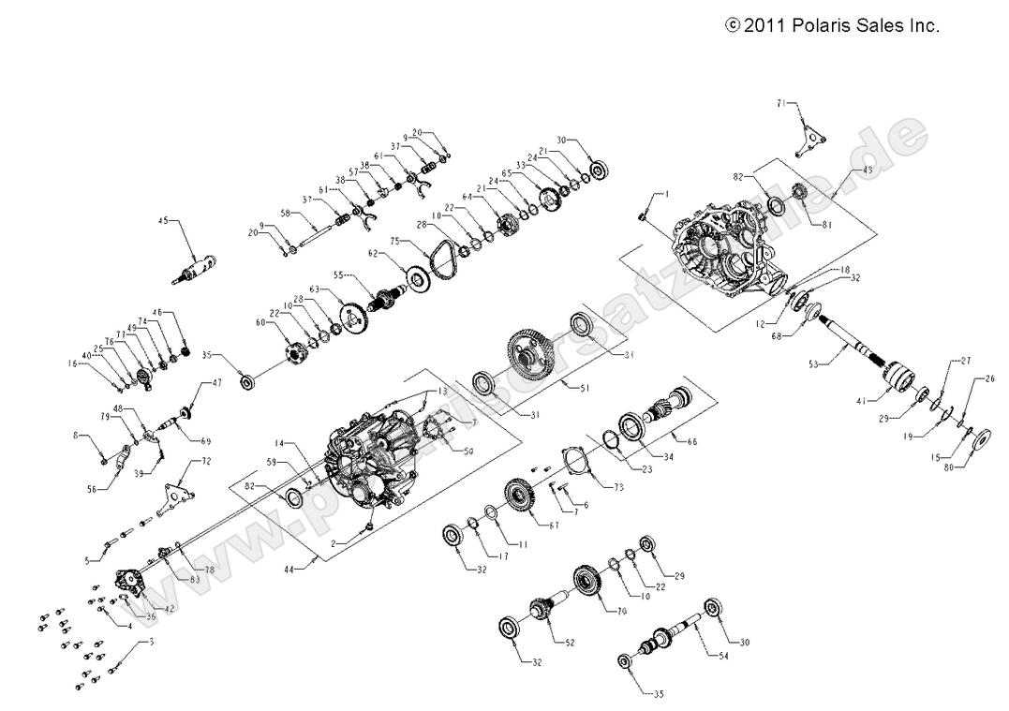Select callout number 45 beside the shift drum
click(164, 221)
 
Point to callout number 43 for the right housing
click(868, 170)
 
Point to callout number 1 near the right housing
click(666, 194)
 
